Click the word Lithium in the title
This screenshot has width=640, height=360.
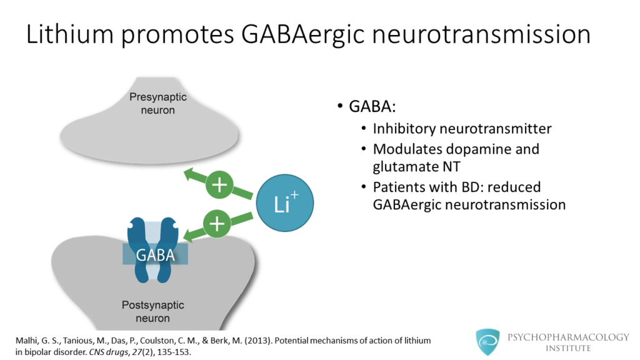tap(69, 34)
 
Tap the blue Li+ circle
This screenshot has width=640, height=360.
tap(285, 202)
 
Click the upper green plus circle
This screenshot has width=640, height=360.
tap(219, 186)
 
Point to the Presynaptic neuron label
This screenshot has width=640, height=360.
tap(157, 104)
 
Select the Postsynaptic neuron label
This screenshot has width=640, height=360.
tap(152, 311)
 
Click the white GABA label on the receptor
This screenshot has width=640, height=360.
tap(153, 255)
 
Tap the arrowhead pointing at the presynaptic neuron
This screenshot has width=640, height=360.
tap(187, 175)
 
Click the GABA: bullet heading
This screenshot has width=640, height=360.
tap(372, 107)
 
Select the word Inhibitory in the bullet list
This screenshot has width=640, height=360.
tap(406, 129)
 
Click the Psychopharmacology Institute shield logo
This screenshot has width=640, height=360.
tap(488, 342)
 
